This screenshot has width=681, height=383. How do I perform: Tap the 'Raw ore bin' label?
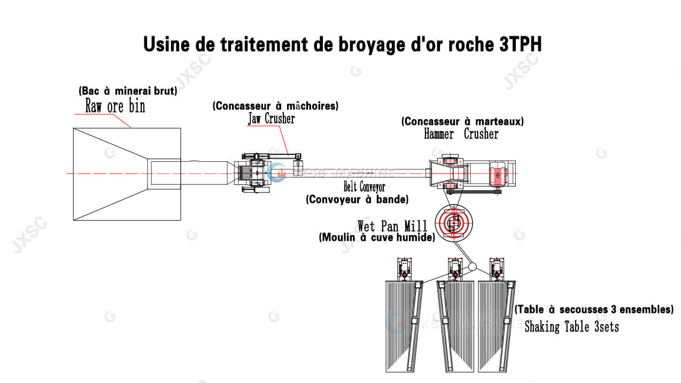pos(115,106)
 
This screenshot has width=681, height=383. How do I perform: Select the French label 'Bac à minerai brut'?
pos(128,90)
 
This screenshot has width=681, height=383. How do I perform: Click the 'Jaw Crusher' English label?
pos(270,119)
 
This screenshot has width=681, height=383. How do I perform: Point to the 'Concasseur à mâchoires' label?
pos(276,106)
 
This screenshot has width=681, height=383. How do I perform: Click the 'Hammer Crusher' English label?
pos(461,134)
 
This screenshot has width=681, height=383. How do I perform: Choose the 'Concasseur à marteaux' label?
pos(462,121)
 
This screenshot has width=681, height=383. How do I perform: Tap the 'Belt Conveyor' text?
pos(363,187)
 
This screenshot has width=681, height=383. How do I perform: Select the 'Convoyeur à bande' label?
pos(357,200)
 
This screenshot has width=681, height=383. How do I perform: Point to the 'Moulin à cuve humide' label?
pos(377,238)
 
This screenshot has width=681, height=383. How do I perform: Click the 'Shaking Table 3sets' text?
pos(571,326)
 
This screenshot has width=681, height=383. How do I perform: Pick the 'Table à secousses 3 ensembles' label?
pos(593,309)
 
